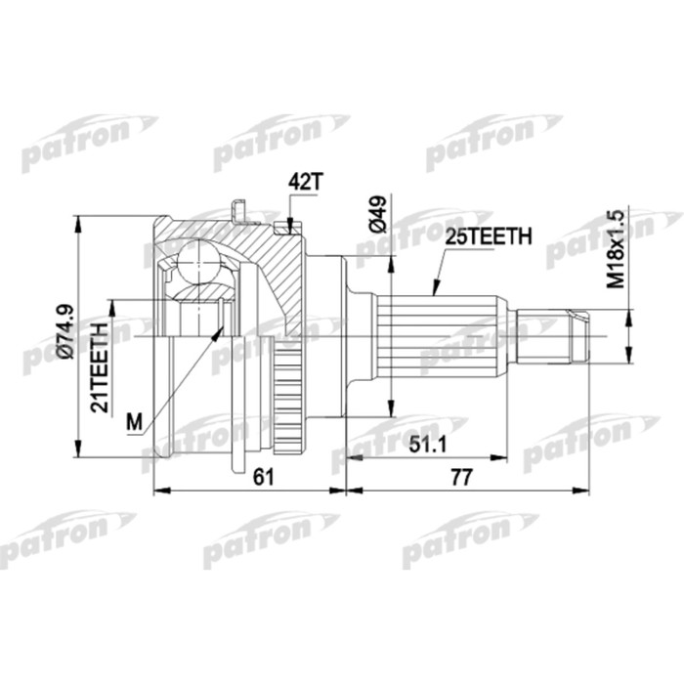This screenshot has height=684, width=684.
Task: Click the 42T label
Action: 304,181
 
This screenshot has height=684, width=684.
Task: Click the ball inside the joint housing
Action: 199,263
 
